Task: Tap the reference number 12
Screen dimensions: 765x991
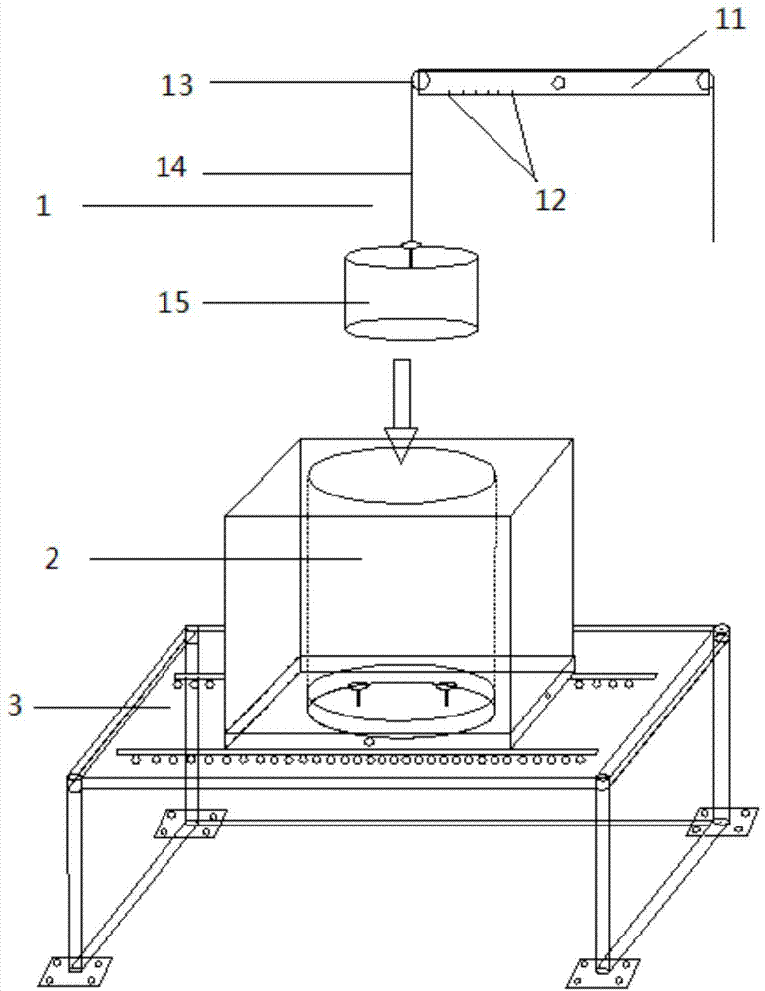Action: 549,200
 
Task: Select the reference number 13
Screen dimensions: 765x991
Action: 176,84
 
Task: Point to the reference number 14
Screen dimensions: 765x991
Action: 172,166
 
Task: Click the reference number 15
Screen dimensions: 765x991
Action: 173,302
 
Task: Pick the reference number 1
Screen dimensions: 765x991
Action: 43,206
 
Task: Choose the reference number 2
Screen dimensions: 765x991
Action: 52,558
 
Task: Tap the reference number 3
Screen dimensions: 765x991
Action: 15,705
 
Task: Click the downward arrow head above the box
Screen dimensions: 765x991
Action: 401,446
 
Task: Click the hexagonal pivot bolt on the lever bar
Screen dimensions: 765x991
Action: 558,82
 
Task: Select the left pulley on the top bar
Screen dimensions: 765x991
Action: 420,81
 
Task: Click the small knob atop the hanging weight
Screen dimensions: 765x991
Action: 411,245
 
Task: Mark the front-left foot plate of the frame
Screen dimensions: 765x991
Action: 75,971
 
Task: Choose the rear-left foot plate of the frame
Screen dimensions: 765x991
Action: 189,823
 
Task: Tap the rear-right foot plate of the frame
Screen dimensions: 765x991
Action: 722,822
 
